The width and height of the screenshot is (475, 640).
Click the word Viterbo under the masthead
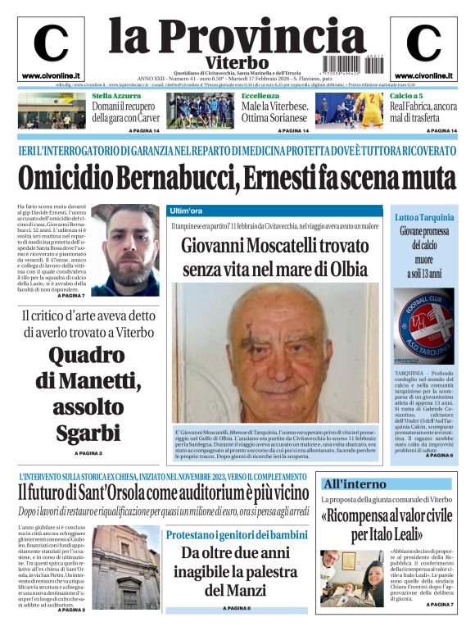[x=237, y=62]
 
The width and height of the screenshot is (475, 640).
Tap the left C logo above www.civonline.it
[x=51, y=43]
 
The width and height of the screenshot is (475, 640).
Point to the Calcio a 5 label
[x=406, y=96]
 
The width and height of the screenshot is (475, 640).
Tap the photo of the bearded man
[x=124, y=250]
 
